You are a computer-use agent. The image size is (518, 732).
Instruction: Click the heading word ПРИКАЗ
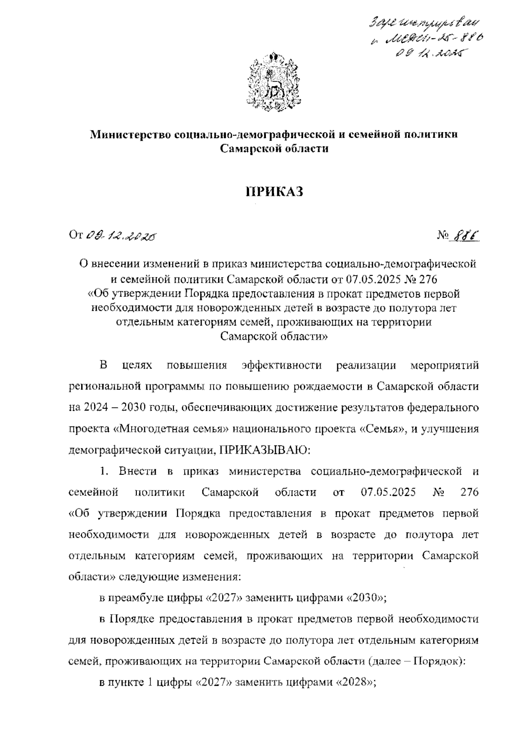275,191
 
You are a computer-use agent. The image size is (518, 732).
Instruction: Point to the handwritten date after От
122,236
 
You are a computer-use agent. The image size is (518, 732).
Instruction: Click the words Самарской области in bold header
275,149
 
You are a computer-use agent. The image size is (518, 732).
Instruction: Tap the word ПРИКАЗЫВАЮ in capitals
264,450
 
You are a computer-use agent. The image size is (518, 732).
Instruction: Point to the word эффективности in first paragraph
281,365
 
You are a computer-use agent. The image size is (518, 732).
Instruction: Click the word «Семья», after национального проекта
382,429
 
